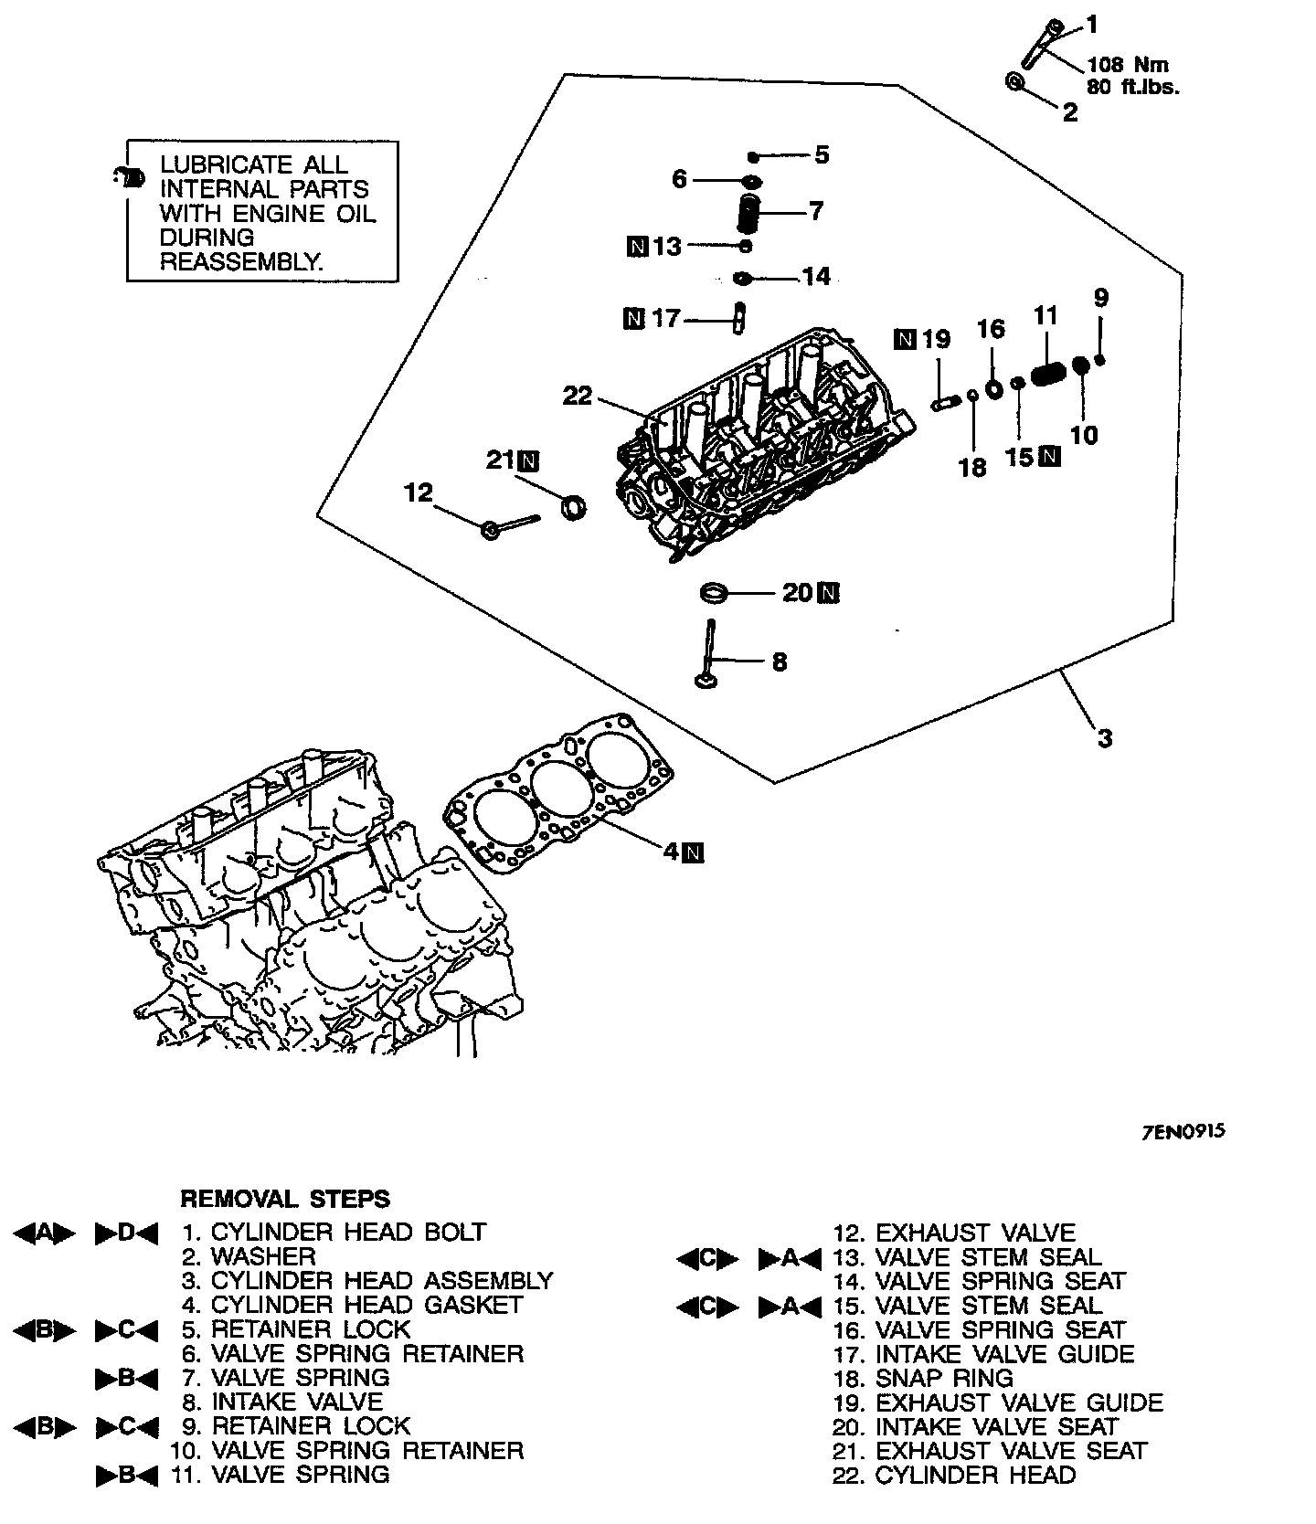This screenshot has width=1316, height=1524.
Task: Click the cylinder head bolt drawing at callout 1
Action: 1040,44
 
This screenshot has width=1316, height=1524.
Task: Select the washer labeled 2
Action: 1015,82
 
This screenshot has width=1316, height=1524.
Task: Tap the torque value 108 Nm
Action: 1128,65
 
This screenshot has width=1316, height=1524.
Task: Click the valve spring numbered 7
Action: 749,214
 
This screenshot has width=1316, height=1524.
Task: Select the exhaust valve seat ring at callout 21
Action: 573,506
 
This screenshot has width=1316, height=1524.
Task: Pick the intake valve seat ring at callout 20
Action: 713,593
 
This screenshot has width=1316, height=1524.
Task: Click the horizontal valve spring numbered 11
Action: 1048,375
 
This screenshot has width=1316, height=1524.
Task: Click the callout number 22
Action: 578,396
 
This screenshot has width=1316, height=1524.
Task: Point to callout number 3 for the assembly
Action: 1105,736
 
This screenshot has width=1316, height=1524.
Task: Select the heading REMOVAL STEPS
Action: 285,1198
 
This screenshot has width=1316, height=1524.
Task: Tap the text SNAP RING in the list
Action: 944,1378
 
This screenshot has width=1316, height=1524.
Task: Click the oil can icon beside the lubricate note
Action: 131,176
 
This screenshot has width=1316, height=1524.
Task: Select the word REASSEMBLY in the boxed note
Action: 241,261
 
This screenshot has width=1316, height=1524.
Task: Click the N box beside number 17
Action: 632,318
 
